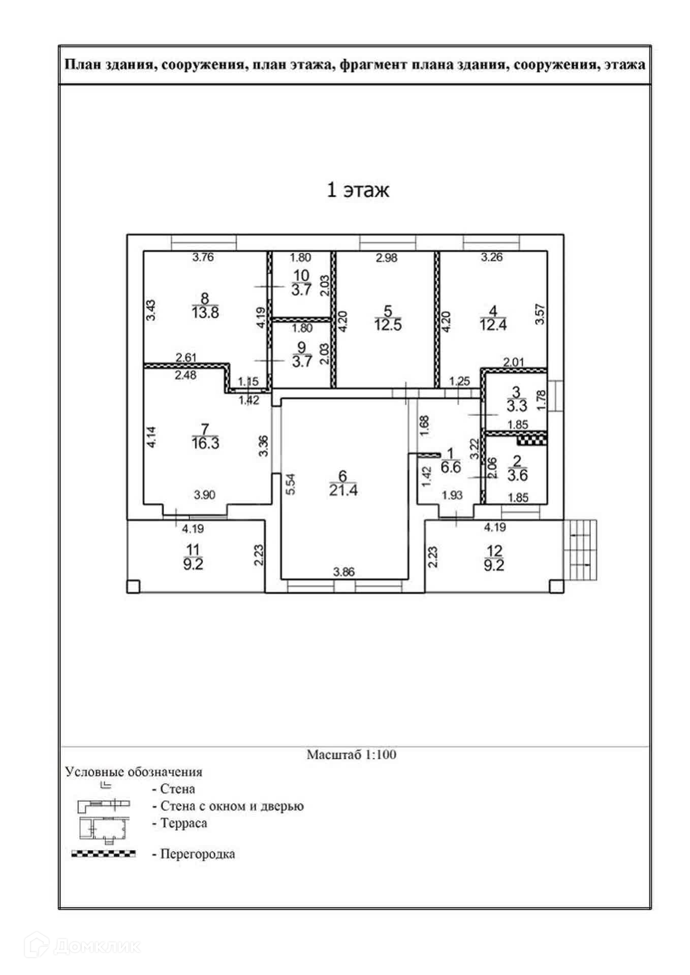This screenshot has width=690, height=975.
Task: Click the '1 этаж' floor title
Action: pos(358,190)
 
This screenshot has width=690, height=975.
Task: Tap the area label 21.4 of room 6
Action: pos(343,491)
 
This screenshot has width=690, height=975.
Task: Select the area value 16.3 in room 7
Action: pos(205,443)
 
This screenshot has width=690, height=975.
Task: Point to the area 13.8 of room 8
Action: pos(205,312)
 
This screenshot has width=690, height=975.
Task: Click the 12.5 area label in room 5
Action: pos(388,325)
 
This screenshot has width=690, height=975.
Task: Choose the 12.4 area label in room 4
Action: pos(493,325)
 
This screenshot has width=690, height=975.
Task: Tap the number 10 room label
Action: pos(301,275)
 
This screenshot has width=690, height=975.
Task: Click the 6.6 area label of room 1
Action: pos(451,467)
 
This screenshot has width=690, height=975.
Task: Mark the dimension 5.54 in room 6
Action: pos(291,484)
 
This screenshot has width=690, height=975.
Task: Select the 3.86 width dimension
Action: pos(343,572)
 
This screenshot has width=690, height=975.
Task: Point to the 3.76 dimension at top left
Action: pos(203,257)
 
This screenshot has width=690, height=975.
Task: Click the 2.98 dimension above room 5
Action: pos(386,257)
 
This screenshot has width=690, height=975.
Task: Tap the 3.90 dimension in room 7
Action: pos(204,495)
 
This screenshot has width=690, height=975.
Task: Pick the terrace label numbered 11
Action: pos(193,550)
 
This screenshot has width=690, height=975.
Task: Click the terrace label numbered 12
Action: pos(494,551)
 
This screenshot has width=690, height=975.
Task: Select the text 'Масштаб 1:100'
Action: pos(351,755)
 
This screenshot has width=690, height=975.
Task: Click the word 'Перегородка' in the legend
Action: pos(198,854)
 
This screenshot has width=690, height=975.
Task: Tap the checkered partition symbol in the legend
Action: pos(103,854)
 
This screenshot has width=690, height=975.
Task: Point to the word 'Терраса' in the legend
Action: pos(183,823)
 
